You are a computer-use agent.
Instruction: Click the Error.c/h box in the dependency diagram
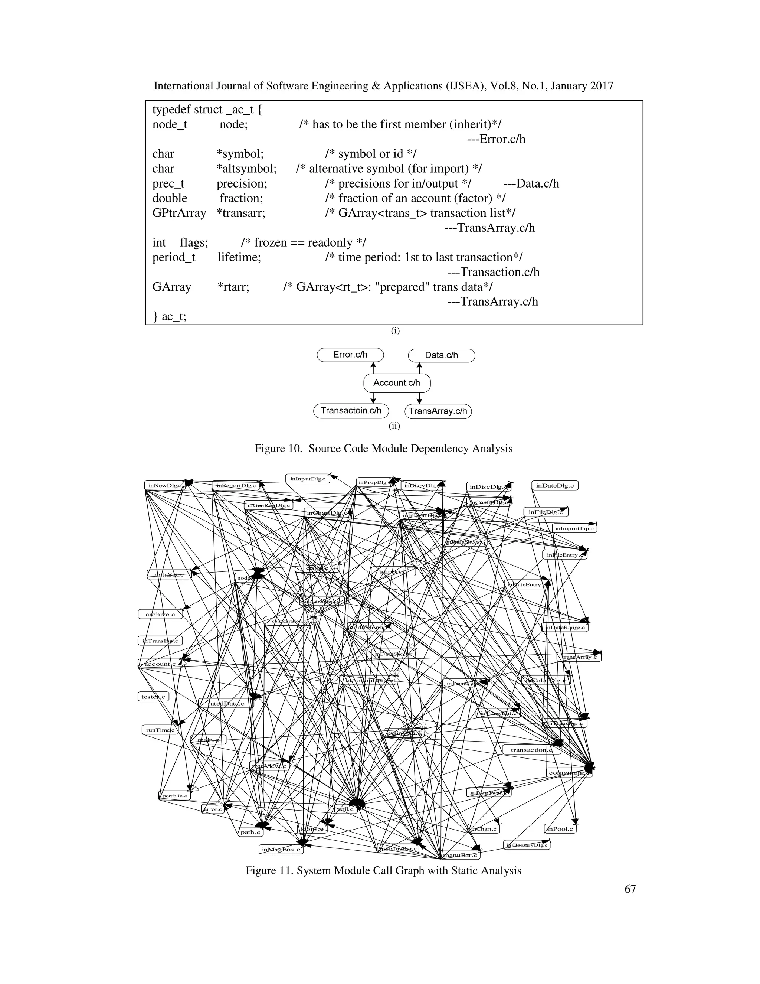(x=350, y=355)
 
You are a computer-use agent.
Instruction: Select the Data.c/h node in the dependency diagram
(x=441, y=355)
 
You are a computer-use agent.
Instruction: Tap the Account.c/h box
(x=397, y=383)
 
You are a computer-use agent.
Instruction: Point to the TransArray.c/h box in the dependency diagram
(x=438, y=411)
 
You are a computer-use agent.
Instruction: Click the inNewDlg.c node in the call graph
(x=165, y=486)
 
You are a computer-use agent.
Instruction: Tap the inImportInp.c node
(x=574, y=528)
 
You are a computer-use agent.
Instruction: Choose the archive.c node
(x=160, y=614)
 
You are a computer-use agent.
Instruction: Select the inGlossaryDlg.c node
(x=527, y=845)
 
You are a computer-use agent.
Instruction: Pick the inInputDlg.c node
(x=308, y=479)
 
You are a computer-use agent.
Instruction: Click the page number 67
(x=630, y=889)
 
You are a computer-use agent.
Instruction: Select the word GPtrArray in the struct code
(x=179, y=213)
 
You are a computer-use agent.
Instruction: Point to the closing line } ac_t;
(x=169, y=317)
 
